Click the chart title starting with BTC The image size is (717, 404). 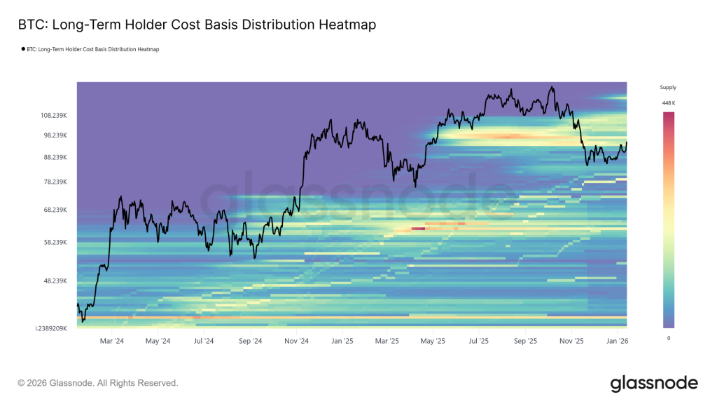(x=196, y=25)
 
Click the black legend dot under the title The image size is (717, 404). (x=24, y=49)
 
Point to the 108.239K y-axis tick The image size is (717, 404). (x=54, y=115)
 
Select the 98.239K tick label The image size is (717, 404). (x=54, y=135)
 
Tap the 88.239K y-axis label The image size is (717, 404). (x=54, y=157)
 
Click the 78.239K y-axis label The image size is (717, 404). (x=54, y=182)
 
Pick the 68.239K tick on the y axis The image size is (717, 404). (x=54, y=210)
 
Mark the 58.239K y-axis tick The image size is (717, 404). (x=54, y=242)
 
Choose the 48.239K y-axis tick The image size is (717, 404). (x=54, y=281)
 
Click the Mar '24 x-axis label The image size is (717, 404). (x=111, y=341)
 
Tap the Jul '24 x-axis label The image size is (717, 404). (x=204, y=341)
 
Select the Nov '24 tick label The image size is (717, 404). (x=297, y=341)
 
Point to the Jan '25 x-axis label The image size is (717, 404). (x=342, y=341)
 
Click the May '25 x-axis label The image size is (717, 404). (x=433, y=341)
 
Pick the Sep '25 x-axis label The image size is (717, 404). (x=525, y=341)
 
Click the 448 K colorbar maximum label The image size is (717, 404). (x=668, y=103)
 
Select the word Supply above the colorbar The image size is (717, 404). (x=668, y=88)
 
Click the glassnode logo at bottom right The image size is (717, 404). (x=654, y=383)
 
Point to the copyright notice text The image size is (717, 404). (x=98, y=383)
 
